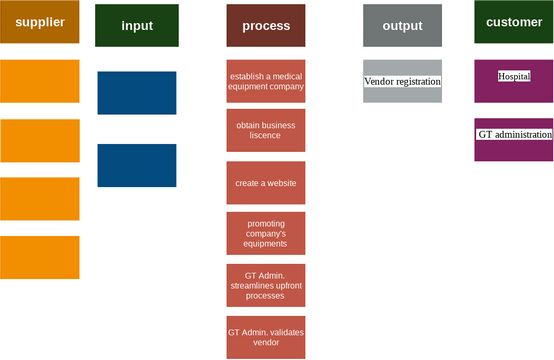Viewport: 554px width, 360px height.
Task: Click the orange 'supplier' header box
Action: coord(40,22)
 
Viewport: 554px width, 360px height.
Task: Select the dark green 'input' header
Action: coord(137,25)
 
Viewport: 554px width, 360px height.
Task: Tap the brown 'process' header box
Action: coord(266,25)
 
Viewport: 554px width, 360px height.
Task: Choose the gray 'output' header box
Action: coord(402,25)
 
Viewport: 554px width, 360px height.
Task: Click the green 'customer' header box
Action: coord(514,22)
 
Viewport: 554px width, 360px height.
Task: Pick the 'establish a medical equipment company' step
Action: coord(266,81)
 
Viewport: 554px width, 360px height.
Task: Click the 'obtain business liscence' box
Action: coord(266,130)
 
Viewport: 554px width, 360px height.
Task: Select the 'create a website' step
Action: coord(266,183)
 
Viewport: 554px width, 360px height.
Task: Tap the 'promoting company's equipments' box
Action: coord(266,234)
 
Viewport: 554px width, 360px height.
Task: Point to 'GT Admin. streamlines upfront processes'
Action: coord(266,285)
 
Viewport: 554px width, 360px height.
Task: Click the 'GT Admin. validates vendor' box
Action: coord(266,337)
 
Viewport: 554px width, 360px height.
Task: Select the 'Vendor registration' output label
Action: coord(402,82)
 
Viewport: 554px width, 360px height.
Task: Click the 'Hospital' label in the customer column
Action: coord(514,76)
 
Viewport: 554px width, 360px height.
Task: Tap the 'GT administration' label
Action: coord(514,134)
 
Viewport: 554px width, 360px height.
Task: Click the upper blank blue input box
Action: coord(137,93)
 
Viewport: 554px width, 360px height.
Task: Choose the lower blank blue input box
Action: coord(137,165)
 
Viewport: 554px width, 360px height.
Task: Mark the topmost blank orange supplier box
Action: coord(40,81)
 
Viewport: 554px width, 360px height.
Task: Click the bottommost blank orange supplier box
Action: coord(40,257)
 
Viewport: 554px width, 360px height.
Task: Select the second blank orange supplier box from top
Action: coord(40,140)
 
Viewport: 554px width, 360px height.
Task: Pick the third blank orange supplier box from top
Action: coord(40,198)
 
